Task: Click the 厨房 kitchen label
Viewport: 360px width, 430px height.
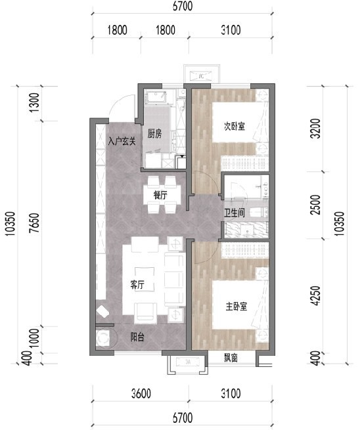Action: (x=154, y=134)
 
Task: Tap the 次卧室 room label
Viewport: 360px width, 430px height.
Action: (x=234, y=127)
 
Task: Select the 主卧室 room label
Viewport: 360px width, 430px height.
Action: (x=236, y=307)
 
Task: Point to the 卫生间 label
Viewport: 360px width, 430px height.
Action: (x=235, y=213)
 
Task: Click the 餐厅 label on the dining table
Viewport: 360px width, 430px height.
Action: (x=160, y=195)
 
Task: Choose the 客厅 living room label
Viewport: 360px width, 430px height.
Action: (x=137, y=285)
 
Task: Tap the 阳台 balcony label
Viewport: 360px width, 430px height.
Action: (x=137, y=337)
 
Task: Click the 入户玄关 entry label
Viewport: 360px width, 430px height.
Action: (x=122, y=142)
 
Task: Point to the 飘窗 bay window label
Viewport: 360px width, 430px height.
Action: (x=231, y=358)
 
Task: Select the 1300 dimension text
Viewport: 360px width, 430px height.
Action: (x=35, y=102)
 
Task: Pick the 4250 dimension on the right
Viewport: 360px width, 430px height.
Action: (x=317, y=295)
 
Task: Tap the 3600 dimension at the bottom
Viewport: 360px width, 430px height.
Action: (x=141, y=393)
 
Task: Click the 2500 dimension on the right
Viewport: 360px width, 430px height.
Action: (x=317, y=205)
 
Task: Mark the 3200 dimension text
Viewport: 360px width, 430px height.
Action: (x=317, y=128)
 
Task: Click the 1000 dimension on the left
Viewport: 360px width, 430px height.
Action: (x=35, y=338)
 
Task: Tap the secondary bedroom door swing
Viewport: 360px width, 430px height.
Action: (x=210, y=178)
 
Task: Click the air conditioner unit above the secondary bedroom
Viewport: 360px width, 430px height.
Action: (x=202, y=76)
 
